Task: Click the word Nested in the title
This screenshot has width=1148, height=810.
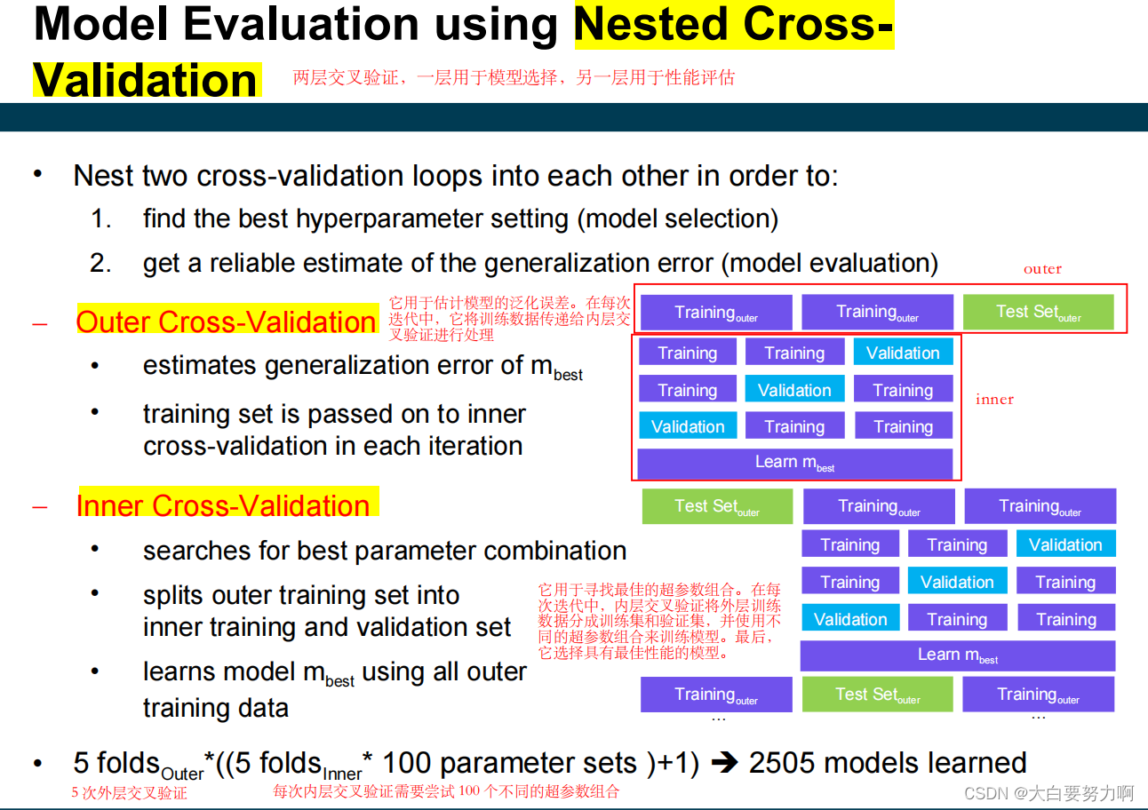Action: coord(651,25)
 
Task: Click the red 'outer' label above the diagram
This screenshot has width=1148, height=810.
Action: coord(1042,269)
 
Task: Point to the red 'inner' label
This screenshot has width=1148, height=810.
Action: coord(994,399)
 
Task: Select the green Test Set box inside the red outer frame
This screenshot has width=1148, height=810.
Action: coord(1039,312)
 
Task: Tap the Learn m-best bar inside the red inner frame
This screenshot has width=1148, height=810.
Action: coord(795,463)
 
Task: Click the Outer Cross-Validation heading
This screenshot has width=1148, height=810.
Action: coord(226,322)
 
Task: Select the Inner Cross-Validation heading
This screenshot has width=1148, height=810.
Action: coord(223,505)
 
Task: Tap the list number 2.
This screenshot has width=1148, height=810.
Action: coord(100,263)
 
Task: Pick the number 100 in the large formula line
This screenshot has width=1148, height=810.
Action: coord(407,763)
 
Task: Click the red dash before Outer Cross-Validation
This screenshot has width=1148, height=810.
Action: coord(40,324)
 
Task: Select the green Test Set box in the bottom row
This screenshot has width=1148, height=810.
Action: coord(877,695)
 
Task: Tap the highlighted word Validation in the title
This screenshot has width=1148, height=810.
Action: coord(146,81)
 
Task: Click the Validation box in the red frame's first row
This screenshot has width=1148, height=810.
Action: coord(903,353)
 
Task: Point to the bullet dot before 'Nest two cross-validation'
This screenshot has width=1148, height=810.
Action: coord(37,174)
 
